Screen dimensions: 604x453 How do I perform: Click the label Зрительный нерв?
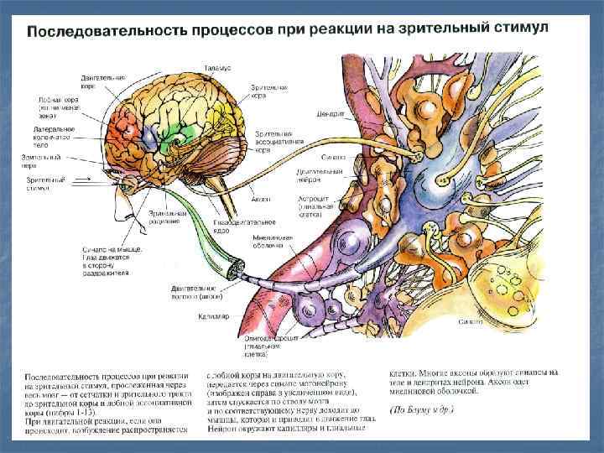pyautogui.click(x=42, y=160)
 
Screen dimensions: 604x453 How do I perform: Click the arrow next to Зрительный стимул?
pyautogui.click(x=81, y=179)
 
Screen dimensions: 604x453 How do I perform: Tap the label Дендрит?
pyautogui.click(x=331, y=114)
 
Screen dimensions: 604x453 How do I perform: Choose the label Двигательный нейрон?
pyautogui.click(x=316, y=174)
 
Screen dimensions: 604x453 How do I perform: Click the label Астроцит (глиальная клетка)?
pyautogui.click(x=315, y=206)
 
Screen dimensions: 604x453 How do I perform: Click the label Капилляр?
pyautogui.click(x=208, y=317)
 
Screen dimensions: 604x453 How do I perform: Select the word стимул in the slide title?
pyautogui.click(x=519, y=28)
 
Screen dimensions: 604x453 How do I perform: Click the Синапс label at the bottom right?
pyautogui.click(x=470, y=321)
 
